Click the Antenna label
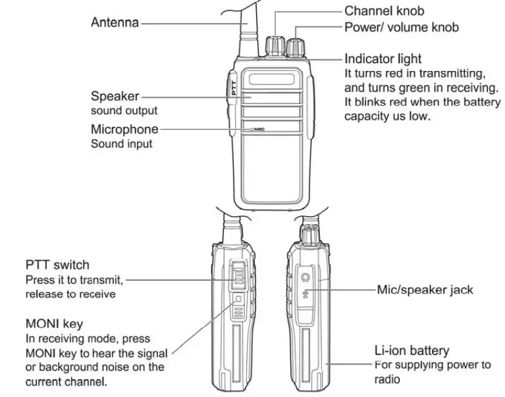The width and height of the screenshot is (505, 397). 115,22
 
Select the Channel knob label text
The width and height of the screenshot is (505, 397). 384,11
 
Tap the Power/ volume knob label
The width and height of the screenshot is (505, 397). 401,28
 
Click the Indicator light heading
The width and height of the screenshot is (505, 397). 383,59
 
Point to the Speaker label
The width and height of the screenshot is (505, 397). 115,97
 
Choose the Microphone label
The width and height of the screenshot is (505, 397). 124,129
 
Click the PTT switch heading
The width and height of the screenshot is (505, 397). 57,265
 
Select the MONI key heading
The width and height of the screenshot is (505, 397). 54,324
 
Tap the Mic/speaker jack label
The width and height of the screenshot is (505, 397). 425,289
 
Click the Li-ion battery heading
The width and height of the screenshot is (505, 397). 412,350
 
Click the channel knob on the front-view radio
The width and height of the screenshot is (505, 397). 273,45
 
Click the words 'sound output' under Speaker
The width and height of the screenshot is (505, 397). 124,111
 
